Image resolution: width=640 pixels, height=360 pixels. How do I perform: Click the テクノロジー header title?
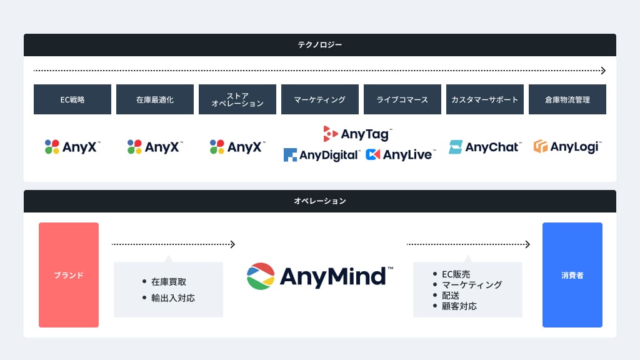pos(319,45)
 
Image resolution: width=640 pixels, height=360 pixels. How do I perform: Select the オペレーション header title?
pos(319,201)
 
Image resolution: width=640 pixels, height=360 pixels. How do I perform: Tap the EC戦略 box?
pos(72,99)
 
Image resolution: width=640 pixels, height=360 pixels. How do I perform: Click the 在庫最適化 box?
pos(155,99)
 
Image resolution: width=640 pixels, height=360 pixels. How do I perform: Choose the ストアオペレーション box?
pos(237,99)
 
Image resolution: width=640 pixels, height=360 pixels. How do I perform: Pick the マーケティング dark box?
pos(320,99)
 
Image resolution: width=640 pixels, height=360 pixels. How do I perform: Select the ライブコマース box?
pos(402,99)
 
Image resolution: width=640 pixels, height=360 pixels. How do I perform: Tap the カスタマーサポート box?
pos(485,99)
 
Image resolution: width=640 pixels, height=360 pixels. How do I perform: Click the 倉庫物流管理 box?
pos(567,99)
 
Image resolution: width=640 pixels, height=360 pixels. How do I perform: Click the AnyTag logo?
pos(357,133)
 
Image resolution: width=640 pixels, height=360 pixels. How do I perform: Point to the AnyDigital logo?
pos(321,154)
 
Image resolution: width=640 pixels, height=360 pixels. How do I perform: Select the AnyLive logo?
pos(399,154)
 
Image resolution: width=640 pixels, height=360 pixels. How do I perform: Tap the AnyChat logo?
pos(484,147)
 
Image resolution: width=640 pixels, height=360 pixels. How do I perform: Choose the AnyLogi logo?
pos(567,147)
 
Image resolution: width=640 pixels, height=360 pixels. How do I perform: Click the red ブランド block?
pos(69,275)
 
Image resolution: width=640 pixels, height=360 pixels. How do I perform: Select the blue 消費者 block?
pos(572,275)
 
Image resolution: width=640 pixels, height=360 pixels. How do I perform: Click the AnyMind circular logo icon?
pos(261,276)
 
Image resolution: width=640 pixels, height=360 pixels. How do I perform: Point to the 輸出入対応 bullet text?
pos(173,298)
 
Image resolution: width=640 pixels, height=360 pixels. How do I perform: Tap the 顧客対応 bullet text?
pos(459,306)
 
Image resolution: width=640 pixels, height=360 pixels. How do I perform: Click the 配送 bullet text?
pos(451,296)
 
